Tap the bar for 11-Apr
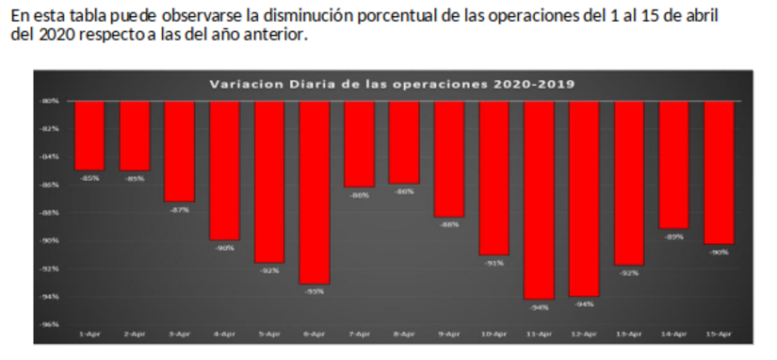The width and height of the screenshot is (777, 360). coord(540,199)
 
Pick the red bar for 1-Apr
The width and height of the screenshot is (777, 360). coord(89,135)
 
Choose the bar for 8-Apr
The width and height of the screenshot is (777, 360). coord(405,141)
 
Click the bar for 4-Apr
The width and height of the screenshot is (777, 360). coord(224,170)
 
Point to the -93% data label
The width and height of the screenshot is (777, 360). coord(315,291)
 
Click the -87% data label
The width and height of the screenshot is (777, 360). coord(179,209)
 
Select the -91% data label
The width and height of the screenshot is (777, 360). coord(494,263)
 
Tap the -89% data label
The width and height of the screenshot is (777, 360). coord(674,237)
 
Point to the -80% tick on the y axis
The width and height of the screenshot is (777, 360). coord(50,100)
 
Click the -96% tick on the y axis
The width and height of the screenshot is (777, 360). coord(50,324)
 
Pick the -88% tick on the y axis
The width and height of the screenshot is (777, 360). coord(50,212)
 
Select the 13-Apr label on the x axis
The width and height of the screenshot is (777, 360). coord(629,334)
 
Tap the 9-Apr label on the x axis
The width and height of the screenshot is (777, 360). coord(449,334)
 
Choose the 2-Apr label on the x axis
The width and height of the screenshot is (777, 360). coord(135,334)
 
